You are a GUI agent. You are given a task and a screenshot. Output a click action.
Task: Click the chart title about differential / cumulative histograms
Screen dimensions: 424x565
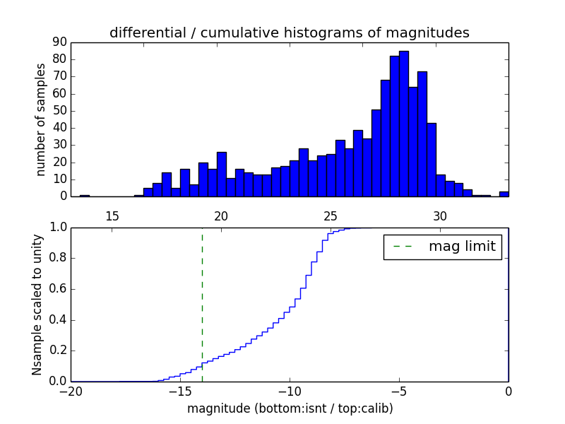289,33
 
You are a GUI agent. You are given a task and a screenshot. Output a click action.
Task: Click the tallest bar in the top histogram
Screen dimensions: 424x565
403,124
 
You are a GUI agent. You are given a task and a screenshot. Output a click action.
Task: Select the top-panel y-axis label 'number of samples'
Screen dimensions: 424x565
41,119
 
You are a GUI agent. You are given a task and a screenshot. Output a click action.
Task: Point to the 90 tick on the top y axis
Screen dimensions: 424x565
59,42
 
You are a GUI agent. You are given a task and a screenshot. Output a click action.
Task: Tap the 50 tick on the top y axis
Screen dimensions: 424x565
59,111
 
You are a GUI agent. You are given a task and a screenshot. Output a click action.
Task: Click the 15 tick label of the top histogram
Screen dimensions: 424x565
112,215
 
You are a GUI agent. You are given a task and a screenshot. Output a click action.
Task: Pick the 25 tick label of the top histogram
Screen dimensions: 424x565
331,215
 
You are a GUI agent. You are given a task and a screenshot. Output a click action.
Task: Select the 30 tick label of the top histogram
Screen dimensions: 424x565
440,215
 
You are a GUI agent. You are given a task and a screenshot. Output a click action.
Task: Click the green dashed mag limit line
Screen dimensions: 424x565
202,304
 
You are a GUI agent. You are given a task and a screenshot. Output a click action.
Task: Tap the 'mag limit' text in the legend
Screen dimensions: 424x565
462,247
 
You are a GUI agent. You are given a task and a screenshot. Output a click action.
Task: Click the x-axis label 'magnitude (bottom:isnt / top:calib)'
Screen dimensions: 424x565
290,408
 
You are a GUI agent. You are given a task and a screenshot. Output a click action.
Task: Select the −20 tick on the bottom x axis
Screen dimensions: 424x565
71,391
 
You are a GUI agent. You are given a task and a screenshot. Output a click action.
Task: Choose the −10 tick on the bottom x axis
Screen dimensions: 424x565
290,391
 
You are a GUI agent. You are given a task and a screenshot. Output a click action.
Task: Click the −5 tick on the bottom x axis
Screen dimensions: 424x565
399,391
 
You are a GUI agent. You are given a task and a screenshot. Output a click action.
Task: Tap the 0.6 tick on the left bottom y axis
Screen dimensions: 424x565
58,289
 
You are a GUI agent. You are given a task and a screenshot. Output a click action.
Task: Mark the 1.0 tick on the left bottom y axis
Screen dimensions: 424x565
58,228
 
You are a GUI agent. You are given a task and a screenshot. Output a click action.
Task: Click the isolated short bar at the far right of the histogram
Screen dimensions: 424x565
504,194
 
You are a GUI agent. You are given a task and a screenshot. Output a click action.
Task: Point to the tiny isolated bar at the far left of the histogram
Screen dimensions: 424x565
85,196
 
